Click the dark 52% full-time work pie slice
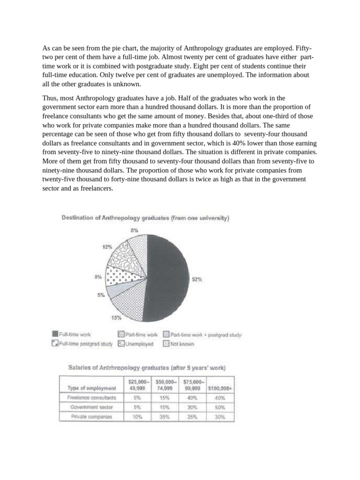(169, 277)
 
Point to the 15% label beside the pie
(116, 318)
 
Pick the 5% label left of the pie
(100, 295)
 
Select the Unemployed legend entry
(136, 344)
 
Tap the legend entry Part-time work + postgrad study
(202, 335)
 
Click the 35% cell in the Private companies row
(165, 416)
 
